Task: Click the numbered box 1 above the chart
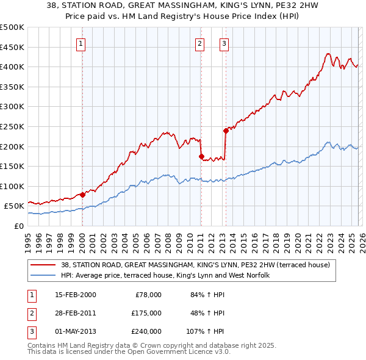coord(81,43)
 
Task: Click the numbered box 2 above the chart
coord(200,43)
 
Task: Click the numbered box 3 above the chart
coord(224,43)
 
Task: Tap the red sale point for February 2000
coord(82,195)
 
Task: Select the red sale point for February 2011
coord(201,156)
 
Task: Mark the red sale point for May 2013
coord(225,130)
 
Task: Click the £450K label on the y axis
coord(12,47)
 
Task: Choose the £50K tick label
coord(15,206)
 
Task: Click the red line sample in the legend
coord(43,265)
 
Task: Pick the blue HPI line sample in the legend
coord(43,275)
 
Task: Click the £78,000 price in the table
coord(147,295)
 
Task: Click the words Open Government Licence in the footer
coord(173,352)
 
